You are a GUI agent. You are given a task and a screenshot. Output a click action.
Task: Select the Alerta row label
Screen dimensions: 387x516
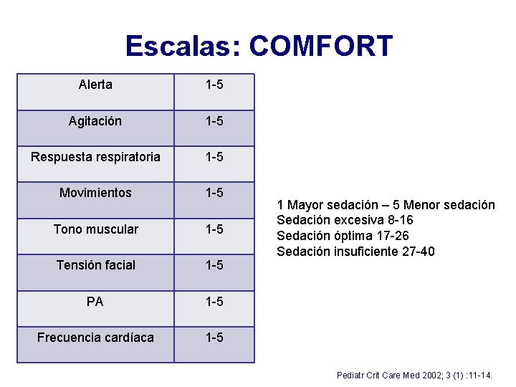(95, 85)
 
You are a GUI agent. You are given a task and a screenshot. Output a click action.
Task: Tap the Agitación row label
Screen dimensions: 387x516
(95, 121)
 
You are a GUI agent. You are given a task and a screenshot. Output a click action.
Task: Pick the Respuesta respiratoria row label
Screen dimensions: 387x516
(95, 157)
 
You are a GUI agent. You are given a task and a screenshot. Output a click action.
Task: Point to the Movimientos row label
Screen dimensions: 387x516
(95, 193)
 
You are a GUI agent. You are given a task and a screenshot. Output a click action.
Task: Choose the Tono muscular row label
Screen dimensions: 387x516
(95, 229)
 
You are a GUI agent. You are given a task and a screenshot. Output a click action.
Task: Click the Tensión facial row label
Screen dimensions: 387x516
(95, 265)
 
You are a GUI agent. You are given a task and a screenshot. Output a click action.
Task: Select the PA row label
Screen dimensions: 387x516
(95, 302)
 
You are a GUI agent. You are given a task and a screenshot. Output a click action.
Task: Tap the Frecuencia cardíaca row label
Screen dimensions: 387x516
(95, 338)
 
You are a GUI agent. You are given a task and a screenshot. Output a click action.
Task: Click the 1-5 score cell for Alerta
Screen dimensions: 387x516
(214, 85)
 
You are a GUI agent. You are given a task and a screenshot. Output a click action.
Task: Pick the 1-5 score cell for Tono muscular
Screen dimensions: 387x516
(214, 229)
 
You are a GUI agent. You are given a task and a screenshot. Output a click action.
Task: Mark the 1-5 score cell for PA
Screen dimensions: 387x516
(214, 302)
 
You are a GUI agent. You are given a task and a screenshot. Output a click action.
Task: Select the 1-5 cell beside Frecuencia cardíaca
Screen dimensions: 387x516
(214, 338)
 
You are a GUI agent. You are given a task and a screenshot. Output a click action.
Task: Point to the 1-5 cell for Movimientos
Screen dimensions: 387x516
(214, 193)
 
